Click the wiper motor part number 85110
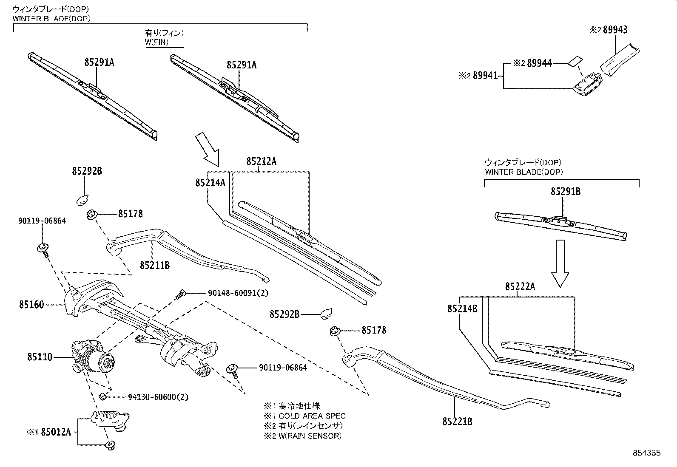click(40, 357)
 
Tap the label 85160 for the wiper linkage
click(31, 304)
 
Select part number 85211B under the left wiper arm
click(155, 265)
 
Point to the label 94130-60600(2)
click(158, 397)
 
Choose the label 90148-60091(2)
click(238, 293)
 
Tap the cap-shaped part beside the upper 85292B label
click(82, 198)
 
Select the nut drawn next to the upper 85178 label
click(91, 215)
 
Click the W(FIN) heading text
click(157, 42)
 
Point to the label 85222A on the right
click(520, 287)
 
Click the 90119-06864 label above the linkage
click(42, 221)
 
